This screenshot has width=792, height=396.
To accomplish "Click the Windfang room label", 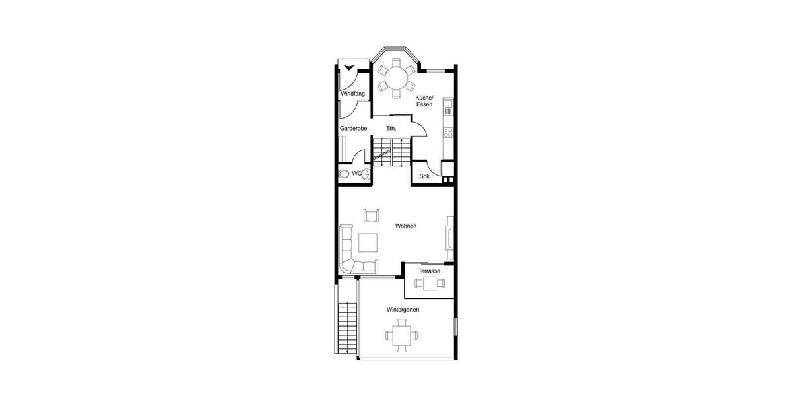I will [352, 94].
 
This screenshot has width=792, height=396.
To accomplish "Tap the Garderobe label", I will [353, 128].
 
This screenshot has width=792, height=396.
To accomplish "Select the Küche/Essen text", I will [424, 100].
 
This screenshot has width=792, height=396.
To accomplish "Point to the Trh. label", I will [391, 128].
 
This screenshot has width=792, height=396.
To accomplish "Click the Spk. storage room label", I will [425, 176].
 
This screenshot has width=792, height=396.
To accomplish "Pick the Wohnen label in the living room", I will [405, 226].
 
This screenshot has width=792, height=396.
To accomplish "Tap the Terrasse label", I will [429, 271].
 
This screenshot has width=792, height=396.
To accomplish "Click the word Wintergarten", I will [403, 309].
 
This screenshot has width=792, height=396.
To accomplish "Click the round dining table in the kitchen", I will [396, 79].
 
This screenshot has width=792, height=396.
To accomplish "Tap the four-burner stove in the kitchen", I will [449, 132].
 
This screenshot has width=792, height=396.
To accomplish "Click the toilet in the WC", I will [344, 174].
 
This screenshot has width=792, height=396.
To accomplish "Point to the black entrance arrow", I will [348, 66].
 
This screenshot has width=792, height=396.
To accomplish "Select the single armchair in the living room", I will [372, 216].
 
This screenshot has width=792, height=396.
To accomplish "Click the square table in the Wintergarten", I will [401, 335].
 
